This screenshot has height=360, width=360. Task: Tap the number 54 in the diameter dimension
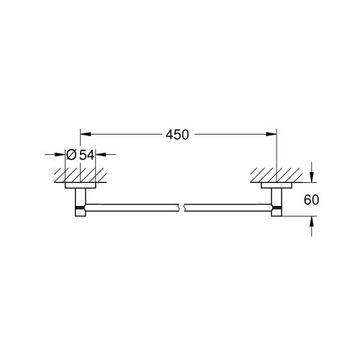pyautogui.click(x=86, y=154)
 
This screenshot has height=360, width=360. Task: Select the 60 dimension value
pyautogui.click(x=310, y=200)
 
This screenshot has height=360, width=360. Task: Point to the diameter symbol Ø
pyautogui.click(x=72, y=154)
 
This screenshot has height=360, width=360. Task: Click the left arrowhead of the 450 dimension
pyautogui.click(x=84, y=133)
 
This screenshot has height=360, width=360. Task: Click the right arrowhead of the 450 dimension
pyautogui.click(x=272, y=133)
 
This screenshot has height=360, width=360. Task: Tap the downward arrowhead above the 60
pyautogui.click(x=311, y=178)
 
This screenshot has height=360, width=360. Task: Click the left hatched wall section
pyautogui.click(x=78, y=174)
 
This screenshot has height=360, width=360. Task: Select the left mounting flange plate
pyautogui.click(x=78, y=186)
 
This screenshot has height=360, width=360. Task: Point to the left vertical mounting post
pyautogui.click(x=78, y=197)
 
